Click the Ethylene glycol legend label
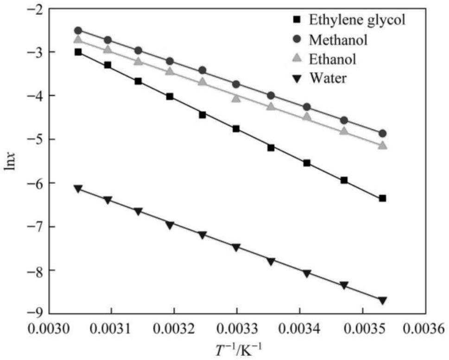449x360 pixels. [x=357, y=20]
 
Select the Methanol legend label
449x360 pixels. [x=338, y=40]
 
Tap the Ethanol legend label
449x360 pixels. [x=332, y=59]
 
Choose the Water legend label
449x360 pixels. [x=328, y=78]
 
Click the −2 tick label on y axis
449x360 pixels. [x=35, y=9]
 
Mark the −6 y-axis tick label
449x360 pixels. [x=35, y=183]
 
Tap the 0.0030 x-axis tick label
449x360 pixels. [x=49, y=329]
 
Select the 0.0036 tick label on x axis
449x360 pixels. [x=425, y=329]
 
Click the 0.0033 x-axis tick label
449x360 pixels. [x=237, y=329]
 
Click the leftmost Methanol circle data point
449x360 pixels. [x=78, y=31]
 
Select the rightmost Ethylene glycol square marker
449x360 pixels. [x=383, y=198]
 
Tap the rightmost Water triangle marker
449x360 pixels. [x=383, y=300]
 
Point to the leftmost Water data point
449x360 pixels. [x=78, y=189]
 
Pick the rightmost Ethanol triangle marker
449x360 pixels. [x=383, y=145]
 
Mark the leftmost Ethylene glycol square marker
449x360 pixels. [x=78, y=52]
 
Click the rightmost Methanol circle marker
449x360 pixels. [x=383, y=133]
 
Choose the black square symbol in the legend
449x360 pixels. [x=297, y=20]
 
